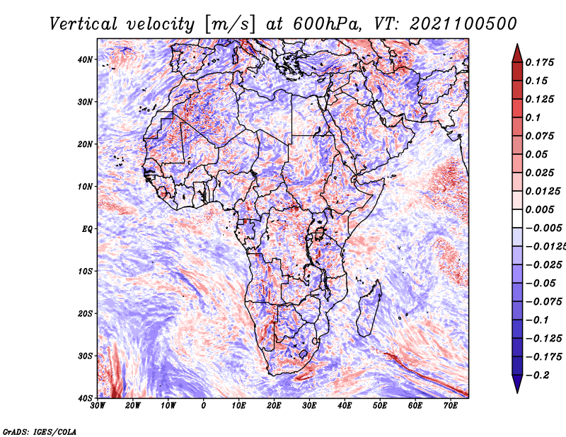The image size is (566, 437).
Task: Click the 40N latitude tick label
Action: coord(85,59)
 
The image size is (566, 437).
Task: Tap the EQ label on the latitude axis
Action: coord(87,229)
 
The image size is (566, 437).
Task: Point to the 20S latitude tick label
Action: coord(85,313)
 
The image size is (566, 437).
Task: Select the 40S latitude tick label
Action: coord(85,398)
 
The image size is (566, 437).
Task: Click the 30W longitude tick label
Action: coord(98,406)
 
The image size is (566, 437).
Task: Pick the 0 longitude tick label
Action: coord(204,406)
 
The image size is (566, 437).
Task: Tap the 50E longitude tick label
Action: coord(380,406)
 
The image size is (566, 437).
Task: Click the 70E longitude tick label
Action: coord(451,406)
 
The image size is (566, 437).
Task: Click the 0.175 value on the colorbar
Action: coord(540,62)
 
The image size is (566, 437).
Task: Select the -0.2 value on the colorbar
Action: coord(538,375)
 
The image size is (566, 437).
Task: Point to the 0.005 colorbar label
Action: coord(540,209)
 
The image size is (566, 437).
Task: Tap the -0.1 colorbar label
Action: coord(538,320)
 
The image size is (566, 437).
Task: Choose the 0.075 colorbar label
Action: coord(540,136)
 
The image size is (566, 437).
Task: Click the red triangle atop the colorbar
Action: coord(517,53)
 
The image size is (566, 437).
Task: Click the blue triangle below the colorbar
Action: coord(517,384)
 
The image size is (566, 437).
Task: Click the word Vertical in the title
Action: coord(83,24)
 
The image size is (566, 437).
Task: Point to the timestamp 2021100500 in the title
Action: coord(463,24)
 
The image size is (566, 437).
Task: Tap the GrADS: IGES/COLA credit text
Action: coord(40,431)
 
